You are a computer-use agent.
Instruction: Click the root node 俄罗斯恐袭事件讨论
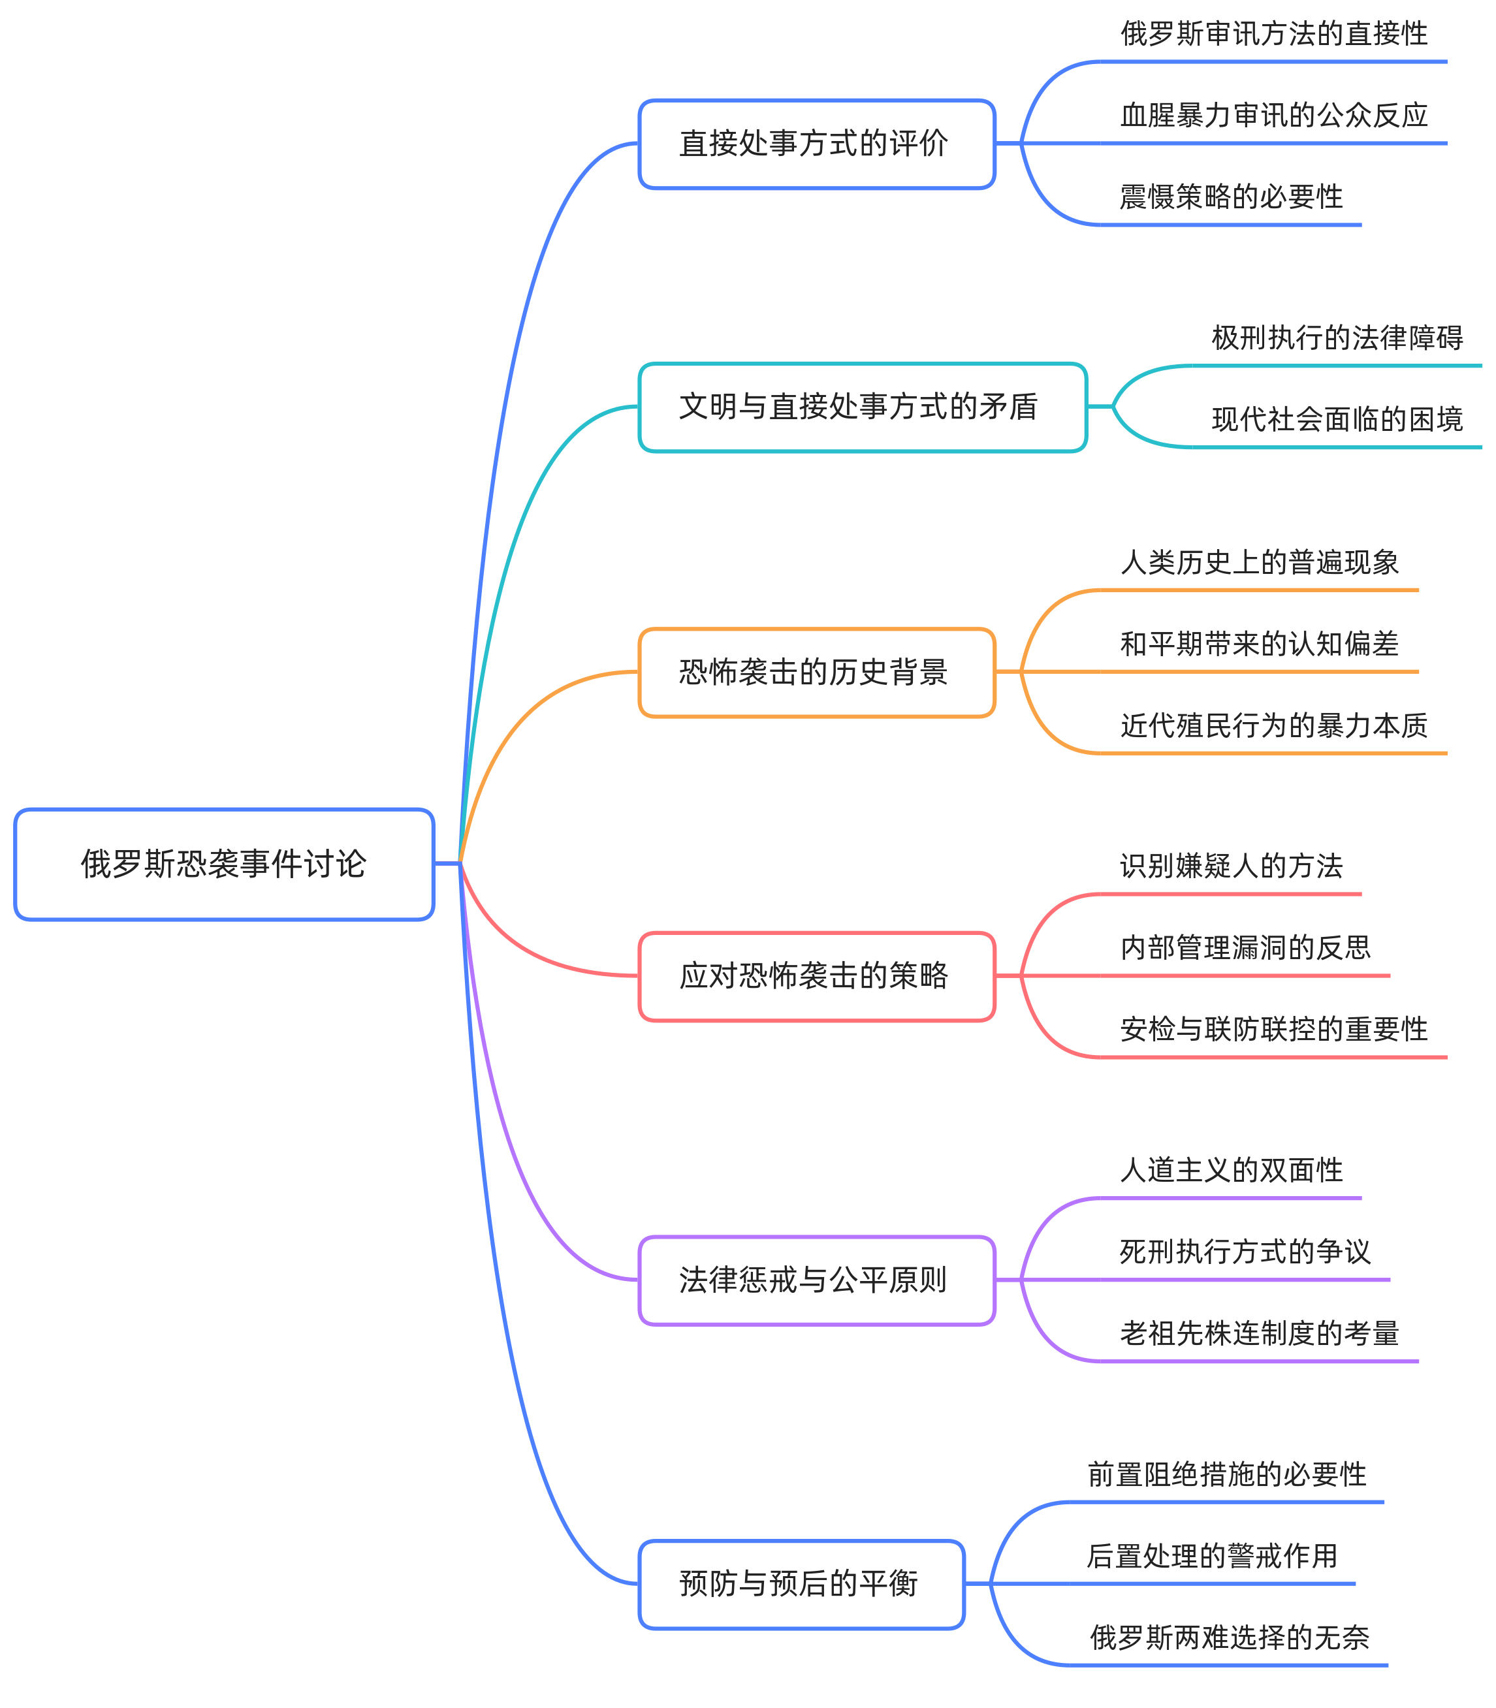click(224, 864)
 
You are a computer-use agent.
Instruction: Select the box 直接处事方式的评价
click(816, 144)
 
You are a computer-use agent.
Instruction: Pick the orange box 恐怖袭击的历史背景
click(816, 672)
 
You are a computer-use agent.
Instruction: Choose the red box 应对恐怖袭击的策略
click(816, 976)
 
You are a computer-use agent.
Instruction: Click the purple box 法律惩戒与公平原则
click(816, 1280)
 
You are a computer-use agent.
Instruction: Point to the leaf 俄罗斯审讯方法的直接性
click(1273, 34)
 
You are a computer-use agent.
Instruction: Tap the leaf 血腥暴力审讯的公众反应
click(1273, 115)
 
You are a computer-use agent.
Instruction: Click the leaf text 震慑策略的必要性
click(1230, 197)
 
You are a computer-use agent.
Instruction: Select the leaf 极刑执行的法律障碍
click(1337, 338)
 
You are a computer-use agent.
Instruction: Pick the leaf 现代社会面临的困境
click(1337, 419)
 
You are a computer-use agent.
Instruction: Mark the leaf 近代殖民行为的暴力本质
click(1273, 725)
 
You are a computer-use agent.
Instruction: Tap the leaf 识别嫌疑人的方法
click(1230, 866)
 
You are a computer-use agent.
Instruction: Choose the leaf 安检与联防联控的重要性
click(1273, 1030)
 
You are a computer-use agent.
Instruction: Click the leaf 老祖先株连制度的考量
click(1259, 1333)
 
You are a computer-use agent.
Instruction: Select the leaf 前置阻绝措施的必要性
click(1226, 1474)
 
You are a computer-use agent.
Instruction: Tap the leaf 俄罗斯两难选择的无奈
click(1229, 1637)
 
